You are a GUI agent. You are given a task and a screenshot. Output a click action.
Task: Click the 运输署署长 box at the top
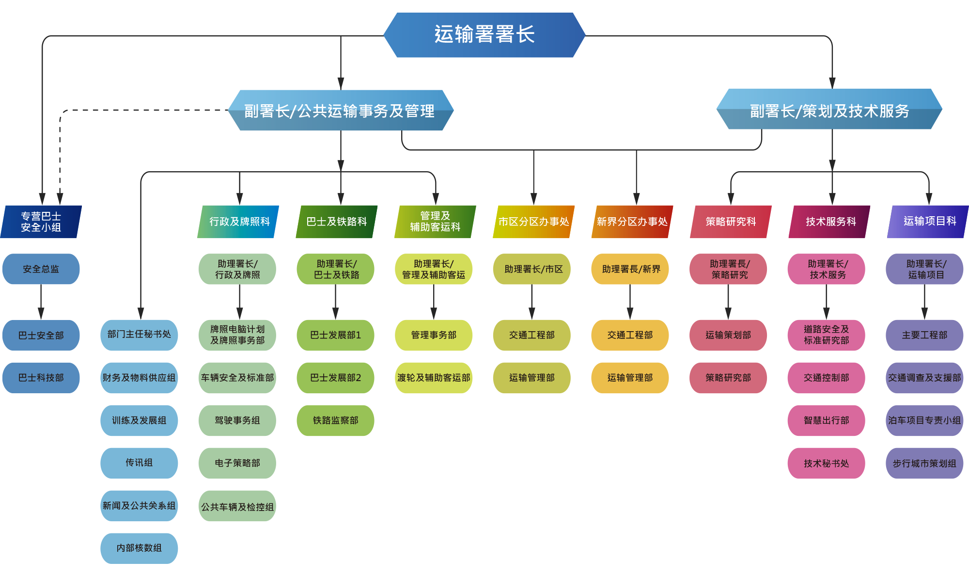click(484, 35)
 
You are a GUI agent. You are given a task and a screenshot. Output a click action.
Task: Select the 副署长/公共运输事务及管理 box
click(341, 111)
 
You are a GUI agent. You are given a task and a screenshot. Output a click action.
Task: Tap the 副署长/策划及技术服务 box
click(829, 110)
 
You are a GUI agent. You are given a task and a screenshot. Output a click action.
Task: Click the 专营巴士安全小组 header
click(41, 222)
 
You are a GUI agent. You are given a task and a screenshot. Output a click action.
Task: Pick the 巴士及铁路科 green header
click(336, 222)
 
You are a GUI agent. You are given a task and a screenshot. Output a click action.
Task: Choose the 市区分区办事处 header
click(533, 222)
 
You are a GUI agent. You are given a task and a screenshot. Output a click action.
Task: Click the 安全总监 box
click(41, 269)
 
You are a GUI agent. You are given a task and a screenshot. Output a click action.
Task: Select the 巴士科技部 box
click(41, 378)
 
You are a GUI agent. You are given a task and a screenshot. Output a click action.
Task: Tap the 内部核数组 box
click(139, 548)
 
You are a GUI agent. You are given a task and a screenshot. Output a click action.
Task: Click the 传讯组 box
click(139, 463)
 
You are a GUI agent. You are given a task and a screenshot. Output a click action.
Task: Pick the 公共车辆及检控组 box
click(237, 506)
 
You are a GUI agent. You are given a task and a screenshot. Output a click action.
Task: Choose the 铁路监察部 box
click(335, 420)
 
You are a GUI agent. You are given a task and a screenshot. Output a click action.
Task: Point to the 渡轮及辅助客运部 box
click(434, 378)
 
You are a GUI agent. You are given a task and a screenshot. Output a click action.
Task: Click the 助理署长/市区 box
click(532, 269)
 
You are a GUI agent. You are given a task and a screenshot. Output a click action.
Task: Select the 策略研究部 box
click(728, 378)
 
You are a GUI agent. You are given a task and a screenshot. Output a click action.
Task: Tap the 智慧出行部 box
click(827, 420)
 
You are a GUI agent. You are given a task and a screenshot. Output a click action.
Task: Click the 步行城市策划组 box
click(924, 463)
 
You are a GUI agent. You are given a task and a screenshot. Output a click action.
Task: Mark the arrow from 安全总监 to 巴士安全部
click(41, 302)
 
